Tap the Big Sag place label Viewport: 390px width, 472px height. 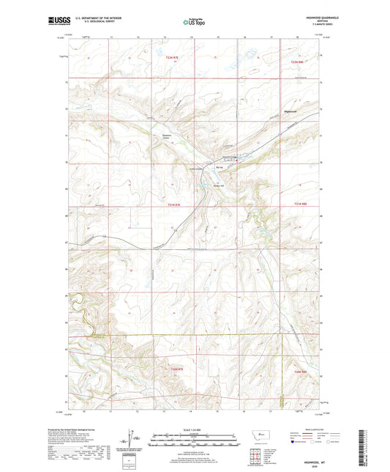[219, 167]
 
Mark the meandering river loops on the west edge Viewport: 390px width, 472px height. [75, 306]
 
